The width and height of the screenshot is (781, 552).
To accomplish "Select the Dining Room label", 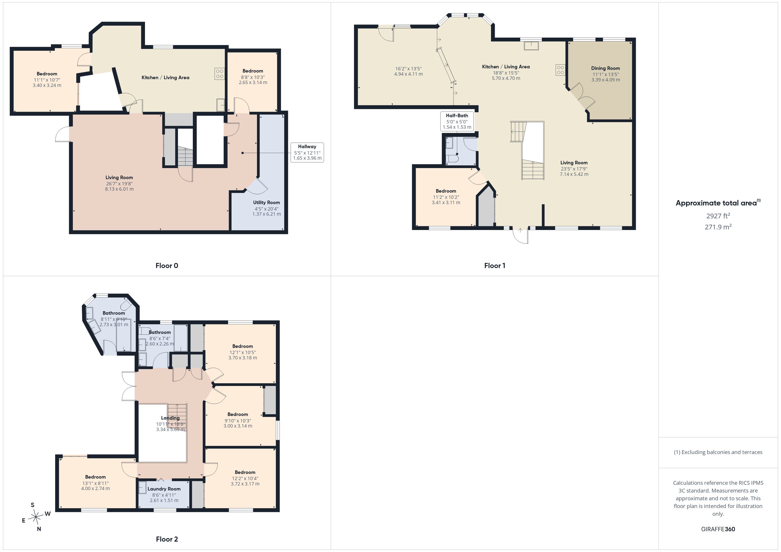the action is pos(605,68).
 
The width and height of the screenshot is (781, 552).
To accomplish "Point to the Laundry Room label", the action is pos(164,489).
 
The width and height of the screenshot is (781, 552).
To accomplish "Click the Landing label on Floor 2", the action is pos(170,418).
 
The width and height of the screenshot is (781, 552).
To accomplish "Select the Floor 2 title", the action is pos(167,539).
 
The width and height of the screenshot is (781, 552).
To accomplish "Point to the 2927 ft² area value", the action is pos(718,216).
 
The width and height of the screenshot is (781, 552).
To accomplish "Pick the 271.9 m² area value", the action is pos(718,227).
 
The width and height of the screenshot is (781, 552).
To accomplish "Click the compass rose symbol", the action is pos(36,517).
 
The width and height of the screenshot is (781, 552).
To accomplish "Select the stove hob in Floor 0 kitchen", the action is pos(219,74).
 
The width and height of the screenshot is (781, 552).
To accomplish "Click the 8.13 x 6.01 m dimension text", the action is pos(119,189).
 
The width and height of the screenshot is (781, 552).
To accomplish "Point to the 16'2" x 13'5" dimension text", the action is pos(408,69).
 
